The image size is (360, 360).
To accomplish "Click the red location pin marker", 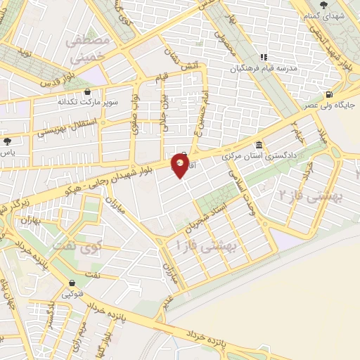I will [180, 165].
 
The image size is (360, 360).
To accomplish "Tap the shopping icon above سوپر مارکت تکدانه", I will [86, 92].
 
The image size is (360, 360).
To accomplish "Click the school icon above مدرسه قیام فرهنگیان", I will [264, 57].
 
